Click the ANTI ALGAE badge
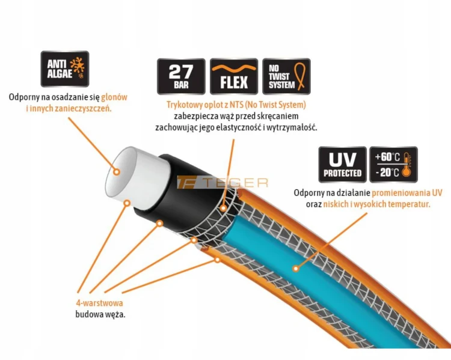(65, 69)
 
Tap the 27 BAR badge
(181, 76)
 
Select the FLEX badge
(234, 76)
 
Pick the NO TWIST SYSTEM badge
(286, 76)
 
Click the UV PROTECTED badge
(342, 165)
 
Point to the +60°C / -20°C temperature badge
(393, 165)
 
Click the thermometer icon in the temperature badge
(406, 165)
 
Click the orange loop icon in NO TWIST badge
(299, 76)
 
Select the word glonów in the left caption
(114, 97)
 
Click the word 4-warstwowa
(99, 303)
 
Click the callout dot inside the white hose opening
(117, 172)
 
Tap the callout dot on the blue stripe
(295, 269)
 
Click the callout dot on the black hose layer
(159, 223)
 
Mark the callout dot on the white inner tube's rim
(127, 203)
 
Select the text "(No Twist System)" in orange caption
(275, 105)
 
